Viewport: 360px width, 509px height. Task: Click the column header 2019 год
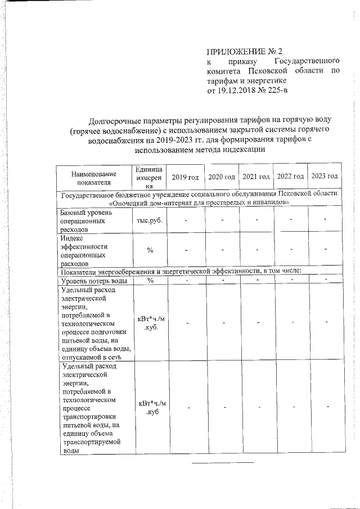185,177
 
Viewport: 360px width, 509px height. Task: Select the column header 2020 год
221,177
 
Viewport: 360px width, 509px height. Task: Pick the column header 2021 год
256,177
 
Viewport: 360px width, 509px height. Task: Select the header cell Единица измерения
149,178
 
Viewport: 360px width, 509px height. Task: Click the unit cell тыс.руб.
149,220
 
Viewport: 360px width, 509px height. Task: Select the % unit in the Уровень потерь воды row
150,280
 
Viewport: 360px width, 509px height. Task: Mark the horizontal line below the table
223,462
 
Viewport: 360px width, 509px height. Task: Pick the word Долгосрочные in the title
119,120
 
